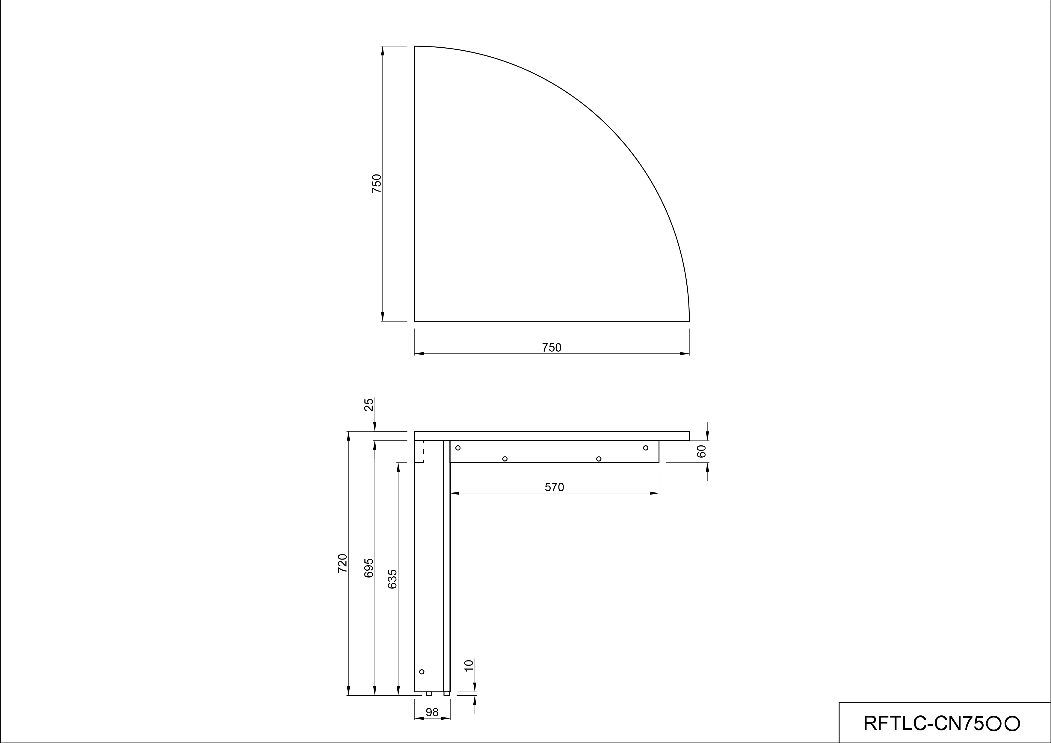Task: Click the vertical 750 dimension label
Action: pos(376,183)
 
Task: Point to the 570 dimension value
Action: pos(554,488)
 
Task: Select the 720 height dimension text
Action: pos(342,563)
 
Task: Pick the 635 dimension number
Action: pos(392,579)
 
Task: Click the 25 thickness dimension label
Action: pos(369,405)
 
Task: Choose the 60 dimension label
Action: pos(701,451)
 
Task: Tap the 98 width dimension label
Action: pos(432,712)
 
